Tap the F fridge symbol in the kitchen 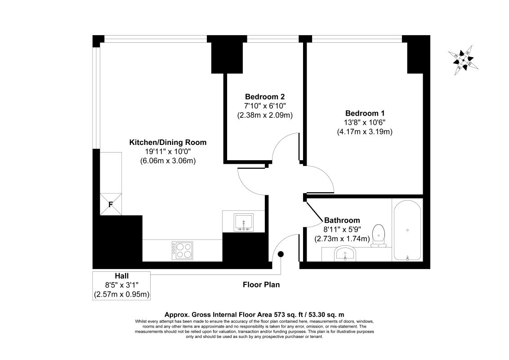tap(110, 204)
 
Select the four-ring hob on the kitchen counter tap(182, 250)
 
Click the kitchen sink tap(243, 222)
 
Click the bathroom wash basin tap(345, 254)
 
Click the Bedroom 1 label tap(365, 113)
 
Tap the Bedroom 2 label tap(265, 97)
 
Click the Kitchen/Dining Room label tap(168, 142)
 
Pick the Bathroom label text tap(342, 220)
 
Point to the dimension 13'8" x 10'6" tap(365, 122)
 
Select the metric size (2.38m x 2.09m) tap(265, 115)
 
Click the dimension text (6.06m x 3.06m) tap(168, 161)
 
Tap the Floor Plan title tap(261, 284)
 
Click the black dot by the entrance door tap(281, 254)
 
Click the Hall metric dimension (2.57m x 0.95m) tap(121, 294)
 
